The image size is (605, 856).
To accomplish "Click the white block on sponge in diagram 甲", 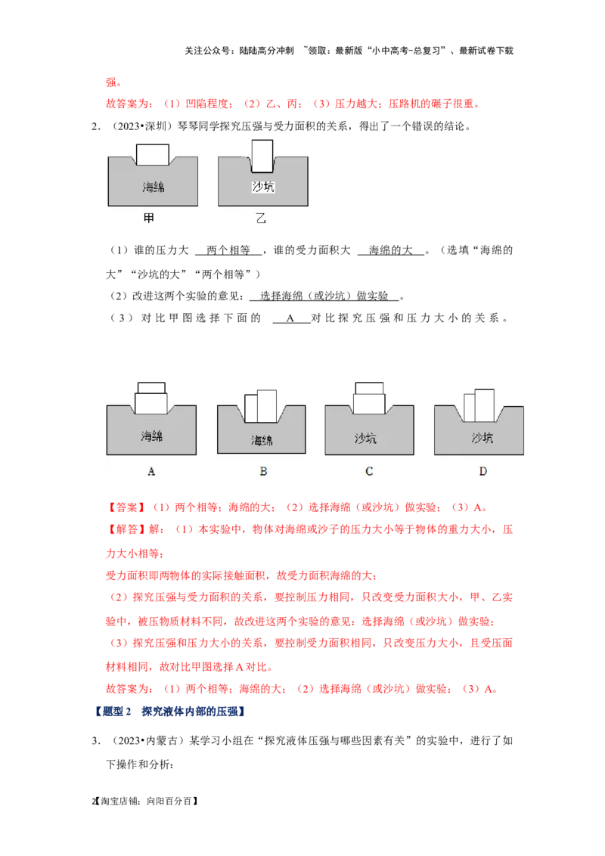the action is [x=152, y=154].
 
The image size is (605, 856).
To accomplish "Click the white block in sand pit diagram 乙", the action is [x=262, y=156].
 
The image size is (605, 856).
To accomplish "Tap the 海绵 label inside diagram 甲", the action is [x=154, y=188].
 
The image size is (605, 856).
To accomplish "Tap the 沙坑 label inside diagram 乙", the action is [x=263, y=187].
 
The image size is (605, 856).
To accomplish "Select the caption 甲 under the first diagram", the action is [x=148, y=219].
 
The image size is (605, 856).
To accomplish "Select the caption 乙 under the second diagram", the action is [x=261, y=219].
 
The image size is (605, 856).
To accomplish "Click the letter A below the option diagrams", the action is [x=151, y=471].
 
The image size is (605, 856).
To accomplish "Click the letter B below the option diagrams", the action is [x=263, y=471].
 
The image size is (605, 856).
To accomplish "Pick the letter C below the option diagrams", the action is [x=369, y=471].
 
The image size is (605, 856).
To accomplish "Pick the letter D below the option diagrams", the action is [x=482, y=471].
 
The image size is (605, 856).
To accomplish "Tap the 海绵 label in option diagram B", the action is [x=262, y=440].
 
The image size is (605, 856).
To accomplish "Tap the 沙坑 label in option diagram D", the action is [x=482, y=437].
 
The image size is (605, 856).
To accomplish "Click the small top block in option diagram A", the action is [x=151, y=388].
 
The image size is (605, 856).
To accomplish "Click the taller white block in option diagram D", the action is [x=484, y=405].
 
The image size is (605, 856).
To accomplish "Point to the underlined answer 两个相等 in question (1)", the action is [x=228, y=250].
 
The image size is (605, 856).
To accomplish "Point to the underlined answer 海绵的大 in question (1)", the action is [x=390, y=250].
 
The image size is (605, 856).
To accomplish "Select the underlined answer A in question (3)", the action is [x=290, y=318].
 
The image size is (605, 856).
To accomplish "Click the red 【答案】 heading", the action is [x=126, y=507].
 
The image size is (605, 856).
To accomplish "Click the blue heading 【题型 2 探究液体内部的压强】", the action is [x=170, y=712].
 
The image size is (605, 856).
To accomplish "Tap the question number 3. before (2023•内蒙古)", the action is [x=96, y=741].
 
